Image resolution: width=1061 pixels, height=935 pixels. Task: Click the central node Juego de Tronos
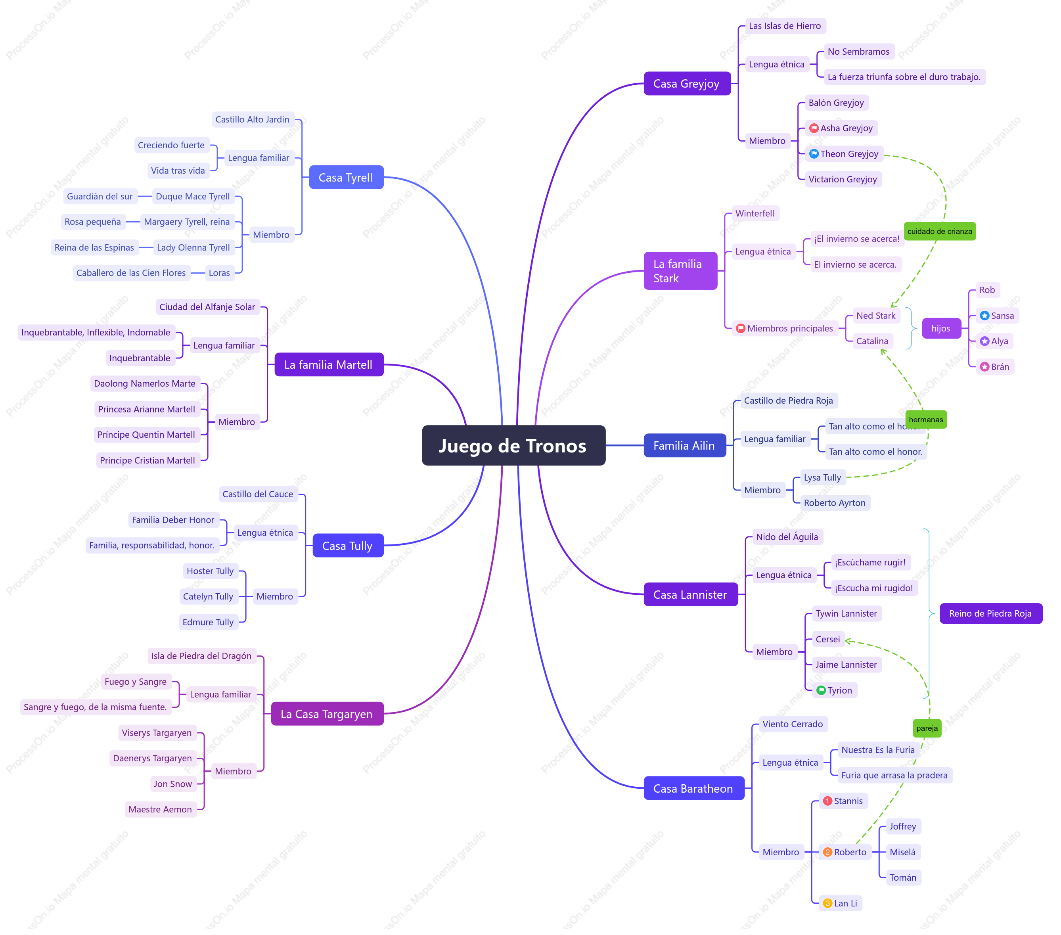pos(513,445)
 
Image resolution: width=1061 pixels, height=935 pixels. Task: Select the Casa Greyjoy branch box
pos(687,84)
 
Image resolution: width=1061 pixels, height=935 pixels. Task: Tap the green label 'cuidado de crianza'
pos(940,231)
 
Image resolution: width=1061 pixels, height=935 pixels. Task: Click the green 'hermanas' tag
pos(926,420)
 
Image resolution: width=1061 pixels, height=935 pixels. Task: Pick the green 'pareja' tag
pos(927,728)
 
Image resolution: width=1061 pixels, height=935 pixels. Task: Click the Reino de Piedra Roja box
pos(990,613)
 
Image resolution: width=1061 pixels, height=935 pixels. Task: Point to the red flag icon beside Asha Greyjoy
pos(814,128)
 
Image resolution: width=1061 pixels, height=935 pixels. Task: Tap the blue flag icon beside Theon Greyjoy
pos(814,154)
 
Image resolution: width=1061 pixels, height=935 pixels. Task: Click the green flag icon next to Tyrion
pos(821,690)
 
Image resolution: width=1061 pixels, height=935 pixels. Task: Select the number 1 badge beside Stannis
pos(828,801)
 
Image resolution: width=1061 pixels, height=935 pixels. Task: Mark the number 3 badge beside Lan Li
pos(828,903)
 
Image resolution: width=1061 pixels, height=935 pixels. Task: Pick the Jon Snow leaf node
pos(173,784)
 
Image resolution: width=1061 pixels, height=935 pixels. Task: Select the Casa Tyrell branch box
pos(346,178)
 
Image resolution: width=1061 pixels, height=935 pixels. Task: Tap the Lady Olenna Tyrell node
pos(193,247)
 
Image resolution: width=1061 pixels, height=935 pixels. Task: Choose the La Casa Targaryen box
pos(327,714)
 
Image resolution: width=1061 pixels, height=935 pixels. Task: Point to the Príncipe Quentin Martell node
pos(146,435)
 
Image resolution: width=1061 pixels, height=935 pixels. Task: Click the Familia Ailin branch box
pos(685,445)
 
